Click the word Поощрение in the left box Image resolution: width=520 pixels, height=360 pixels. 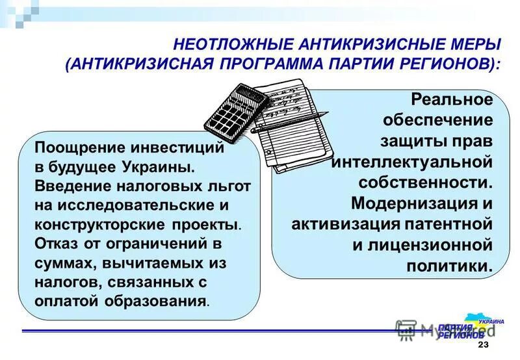(76, 148)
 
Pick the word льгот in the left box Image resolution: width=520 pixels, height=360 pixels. (227, 186)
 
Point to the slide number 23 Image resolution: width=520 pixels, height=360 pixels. (482, 344)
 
